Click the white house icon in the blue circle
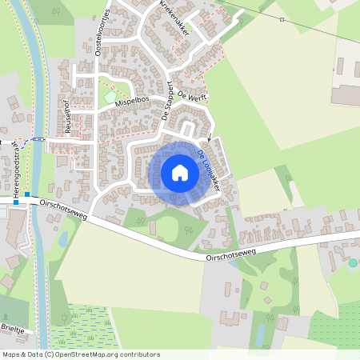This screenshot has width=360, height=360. (180, 173)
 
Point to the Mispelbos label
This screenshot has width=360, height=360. (132, 102)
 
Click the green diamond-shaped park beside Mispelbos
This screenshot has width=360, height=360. (110, 98)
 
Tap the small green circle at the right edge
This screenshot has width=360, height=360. (353, 262)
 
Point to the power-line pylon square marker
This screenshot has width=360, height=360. (282, 19)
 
